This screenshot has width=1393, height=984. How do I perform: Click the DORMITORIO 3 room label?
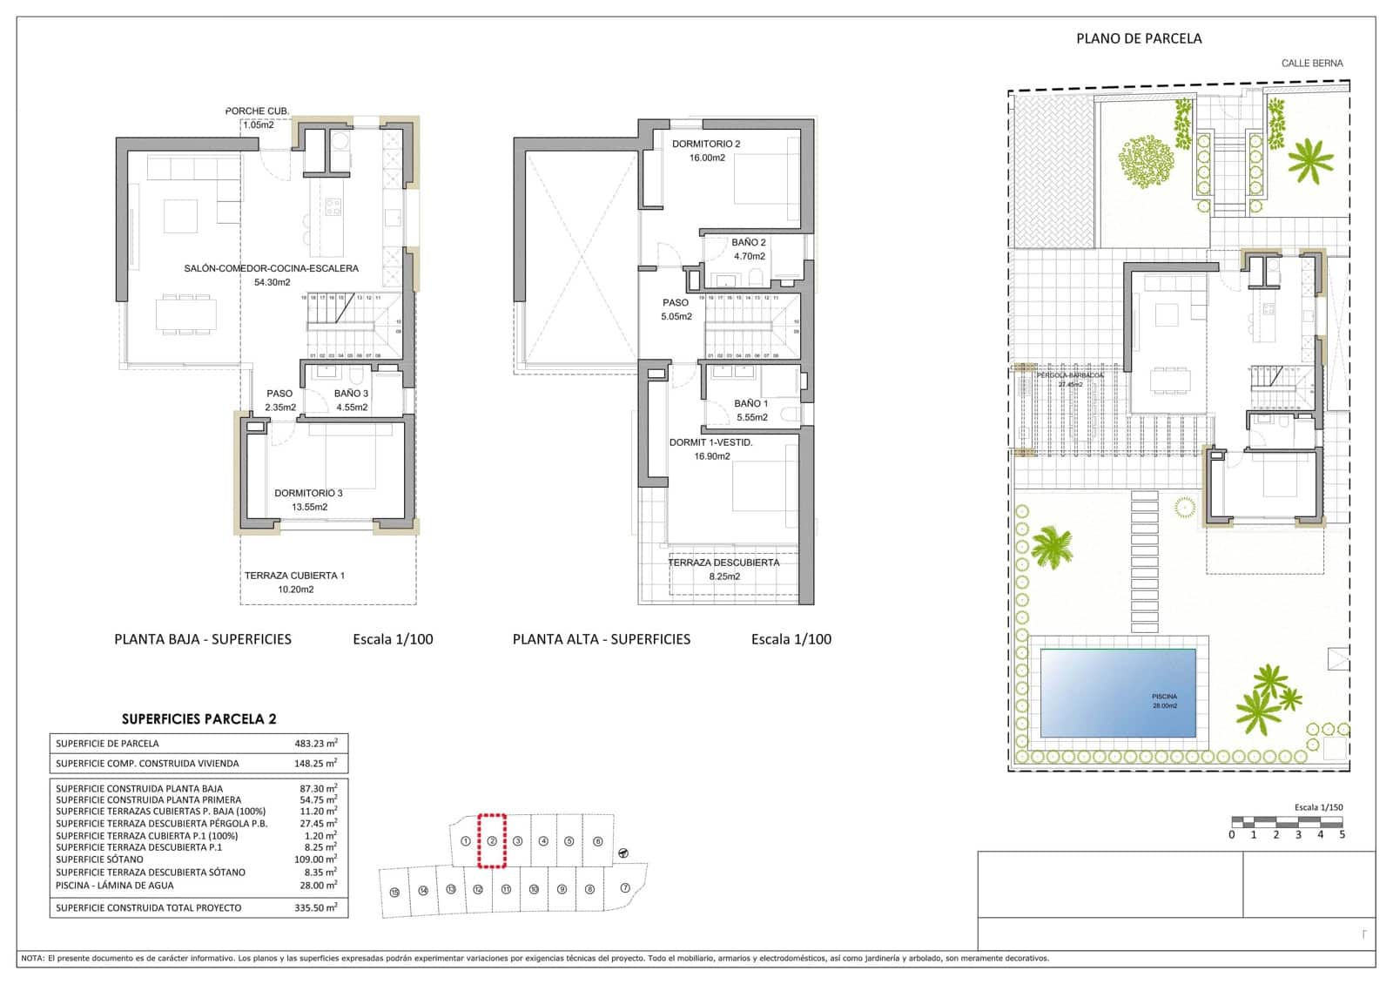pyautogui.click(x=308, y=493)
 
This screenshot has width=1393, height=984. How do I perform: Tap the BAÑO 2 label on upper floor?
pyautogui.click(x=749, y=242)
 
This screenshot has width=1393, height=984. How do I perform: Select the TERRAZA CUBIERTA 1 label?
pyautogui.click(x=294, y=576)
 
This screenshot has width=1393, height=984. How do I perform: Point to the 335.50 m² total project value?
pyautogui.click(x=316, y=907)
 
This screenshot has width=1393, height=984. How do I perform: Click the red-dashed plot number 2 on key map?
pyautogui.click(x=492, y=841)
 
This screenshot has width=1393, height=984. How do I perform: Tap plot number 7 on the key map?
pyautogui.click(x=625, y=888)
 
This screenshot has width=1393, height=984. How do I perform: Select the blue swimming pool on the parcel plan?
pyautogui.click(x=1118, y=692)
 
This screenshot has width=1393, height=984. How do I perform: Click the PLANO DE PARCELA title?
pyautogui.click(x=1139, y=38)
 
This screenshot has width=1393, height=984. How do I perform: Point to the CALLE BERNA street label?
pyautogui.click(x=1311, y=64)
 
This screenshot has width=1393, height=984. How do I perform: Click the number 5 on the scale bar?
pyautogui.click(x=1342, y=834)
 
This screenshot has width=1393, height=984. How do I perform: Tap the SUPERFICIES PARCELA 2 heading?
pyautogui.click(x=199, y=719)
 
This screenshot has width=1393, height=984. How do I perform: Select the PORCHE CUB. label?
pyautogui.click(x=257, y=111)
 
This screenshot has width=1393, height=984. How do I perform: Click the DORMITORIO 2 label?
pyautogui.click(x=705, y=144)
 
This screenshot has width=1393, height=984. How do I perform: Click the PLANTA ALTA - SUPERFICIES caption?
pyautogui.click(x=601, y=639)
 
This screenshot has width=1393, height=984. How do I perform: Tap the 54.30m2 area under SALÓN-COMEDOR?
pyautogui.click(x=272, y=282)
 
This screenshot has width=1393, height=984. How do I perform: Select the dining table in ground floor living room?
pyautogui.click(x=186, y=313)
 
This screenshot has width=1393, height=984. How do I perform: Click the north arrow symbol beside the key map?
pyautogui.click(x=623, y=853)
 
